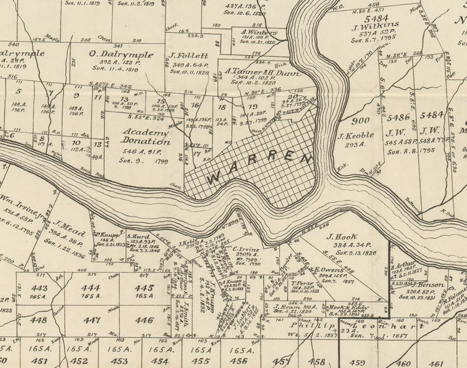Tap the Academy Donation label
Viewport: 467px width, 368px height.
[x=145, y=136]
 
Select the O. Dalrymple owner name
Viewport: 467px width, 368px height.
[x=121, y=55]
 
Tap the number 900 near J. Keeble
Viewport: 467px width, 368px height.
[x=361, y=121]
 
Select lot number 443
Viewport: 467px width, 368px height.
[x=39, y=288]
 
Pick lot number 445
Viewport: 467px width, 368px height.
[x=144, y=288]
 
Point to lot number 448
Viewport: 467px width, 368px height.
[x=38, y=320]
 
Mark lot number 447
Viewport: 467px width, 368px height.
[x=91, y=320]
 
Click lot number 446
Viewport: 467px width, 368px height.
[x=144, y=320]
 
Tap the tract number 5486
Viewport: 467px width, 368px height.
[x=398, y=118]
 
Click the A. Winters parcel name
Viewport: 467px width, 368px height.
[x=258, y=33]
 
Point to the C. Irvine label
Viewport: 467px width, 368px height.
[x=246, y=249]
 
